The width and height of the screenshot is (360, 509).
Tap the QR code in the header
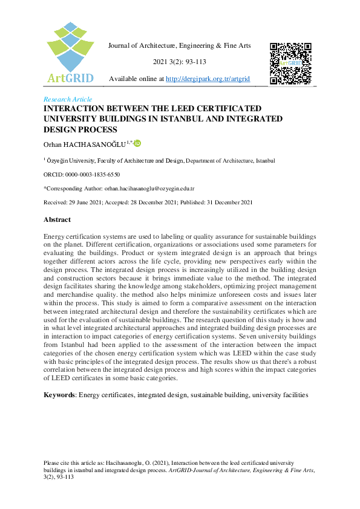coord(290,63)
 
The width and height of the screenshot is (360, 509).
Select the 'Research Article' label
coord(68,99)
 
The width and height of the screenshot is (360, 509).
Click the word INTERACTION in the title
coord(78,108)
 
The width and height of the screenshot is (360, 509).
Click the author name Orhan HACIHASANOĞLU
coord(85,144)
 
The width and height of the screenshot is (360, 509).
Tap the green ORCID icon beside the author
coord(137,143)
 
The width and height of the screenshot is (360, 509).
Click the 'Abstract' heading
coord(57,220)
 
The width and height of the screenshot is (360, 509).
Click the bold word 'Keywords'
coord(60,395)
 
